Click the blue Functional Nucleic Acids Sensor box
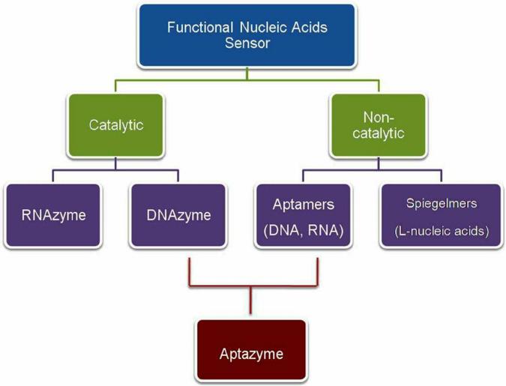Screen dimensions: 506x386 tap(247, 35)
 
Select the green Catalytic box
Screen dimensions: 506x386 tap(116, 125)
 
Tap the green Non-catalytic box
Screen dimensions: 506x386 tap(379, 125)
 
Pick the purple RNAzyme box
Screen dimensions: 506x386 tap(53, 215)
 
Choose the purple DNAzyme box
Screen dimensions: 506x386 tap(178, 215)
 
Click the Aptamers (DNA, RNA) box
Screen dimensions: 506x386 tap(304, 215)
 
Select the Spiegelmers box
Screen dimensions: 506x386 tap(442, 215)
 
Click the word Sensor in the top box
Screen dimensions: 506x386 tap(247, 43)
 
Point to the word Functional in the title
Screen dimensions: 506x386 tap(199, 27)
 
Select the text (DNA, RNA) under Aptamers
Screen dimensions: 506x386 tap(304, 230)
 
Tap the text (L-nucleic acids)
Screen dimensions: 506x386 tap(442, 231)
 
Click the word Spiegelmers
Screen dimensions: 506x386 tap(442, 203)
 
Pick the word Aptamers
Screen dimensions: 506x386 tap(304, 205)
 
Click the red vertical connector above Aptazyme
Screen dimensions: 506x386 tap(250, 300)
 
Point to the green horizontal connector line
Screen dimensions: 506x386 tap(247, 80)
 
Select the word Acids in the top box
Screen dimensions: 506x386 tap(310, 27)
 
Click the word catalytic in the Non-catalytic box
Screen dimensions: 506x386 tap(379, 133)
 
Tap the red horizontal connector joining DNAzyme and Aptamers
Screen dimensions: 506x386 tap(253, 286)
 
